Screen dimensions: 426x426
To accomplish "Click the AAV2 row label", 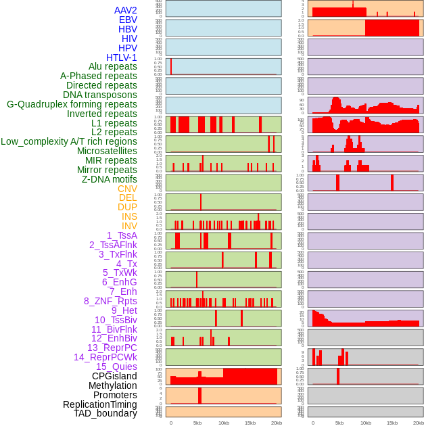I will [125, 10].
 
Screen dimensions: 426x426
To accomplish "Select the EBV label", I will [128, 20].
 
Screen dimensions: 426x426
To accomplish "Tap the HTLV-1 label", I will [121, 57].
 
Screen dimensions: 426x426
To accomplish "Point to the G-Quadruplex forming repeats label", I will [72, 104].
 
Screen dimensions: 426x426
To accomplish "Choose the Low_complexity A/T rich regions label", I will [69, 141].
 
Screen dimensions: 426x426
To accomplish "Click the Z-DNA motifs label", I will [110, 179].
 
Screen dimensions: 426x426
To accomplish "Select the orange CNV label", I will [127, 189].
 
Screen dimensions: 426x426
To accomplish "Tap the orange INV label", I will [129, 226].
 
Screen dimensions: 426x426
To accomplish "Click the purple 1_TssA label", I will [122, 235].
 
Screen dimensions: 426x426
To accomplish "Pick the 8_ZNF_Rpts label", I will [110, 301].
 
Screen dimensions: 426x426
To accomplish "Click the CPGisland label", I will [114, 376].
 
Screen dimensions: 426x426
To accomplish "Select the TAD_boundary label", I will [105, 413].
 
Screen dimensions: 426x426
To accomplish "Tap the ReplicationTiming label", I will [100, 404].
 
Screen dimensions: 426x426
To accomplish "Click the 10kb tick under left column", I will [223, 423].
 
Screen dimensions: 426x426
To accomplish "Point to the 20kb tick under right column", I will [419, 423].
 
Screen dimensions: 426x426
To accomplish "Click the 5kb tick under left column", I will [197, 423].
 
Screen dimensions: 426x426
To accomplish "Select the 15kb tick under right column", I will [392, 423].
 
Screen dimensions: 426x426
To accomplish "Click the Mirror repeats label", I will [106, 170].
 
